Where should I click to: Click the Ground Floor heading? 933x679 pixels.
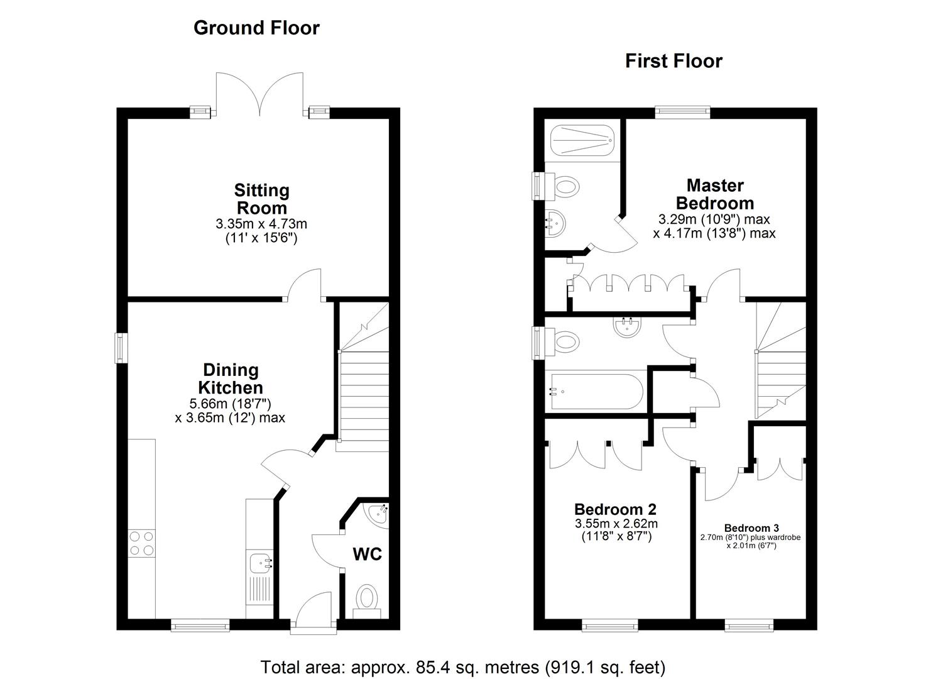(256, 28)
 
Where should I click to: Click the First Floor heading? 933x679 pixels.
(674, 61)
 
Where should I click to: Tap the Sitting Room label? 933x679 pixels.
(261, 199)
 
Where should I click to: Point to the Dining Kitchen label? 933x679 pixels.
(231, 378)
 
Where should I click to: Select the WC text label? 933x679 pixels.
(367, 554)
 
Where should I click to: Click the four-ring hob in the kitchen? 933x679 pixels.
(142, 543)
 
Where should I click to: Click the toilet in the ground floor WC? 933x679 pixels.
(366, 598)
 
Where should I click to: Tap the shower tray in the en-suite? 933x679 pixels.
(581, 140)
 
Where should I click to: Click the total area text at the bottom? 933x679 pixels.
(462, 666)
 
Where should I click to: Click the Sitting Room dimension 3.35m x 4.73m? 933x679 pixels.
(261, 223)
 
